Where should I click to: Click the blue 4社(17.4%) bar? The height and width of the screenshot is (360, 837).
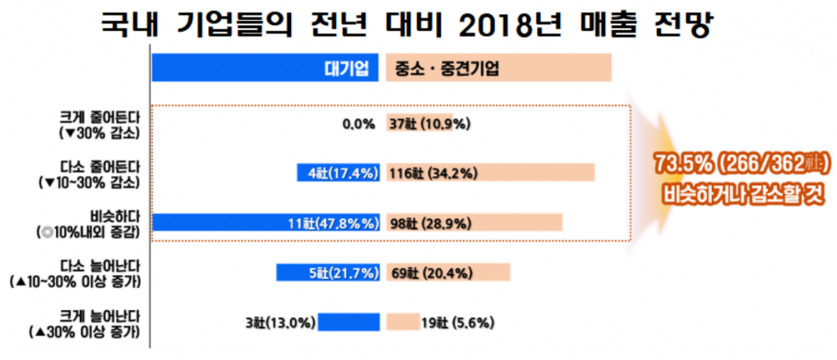click(x=338, y=172)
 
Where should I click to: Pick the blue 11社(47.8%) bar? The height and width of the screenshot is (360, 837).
click(x=266, y=223)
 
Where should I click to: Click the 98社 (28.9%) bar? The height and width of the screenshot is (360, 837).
click(x=474, y=223)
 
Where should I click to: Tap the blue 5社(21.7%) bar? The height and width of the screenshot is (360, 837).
click(x=328, y=271)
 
